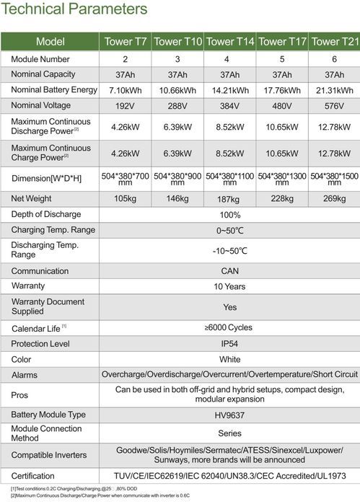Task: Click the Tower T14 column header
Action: point(230,41)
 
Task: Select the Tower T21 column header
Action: point(334,41)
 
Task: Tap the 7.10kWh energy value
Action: point(128,90)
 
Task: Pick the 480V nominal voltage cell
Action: point(282,107)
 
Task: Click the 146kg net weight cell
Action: point(178,198)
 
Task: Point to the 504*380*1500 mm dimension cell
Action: point(334,177)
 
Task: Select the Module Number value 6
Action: point(334,58)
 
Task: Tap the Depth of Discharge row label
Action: point(46,214)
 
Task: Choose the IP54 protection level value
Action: point(229,344)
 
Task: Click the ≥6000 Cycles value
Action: point(229,327)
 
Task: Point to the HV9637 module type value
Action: point(229,415)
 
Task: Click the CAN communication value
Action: point(229,271)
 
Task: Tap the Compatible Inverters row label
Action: point(48,456)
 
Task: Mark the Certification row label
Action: point(32,476)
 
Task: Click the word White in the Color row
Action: point(229,359)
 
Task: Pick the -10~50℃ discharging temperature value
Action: point(229,250)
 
